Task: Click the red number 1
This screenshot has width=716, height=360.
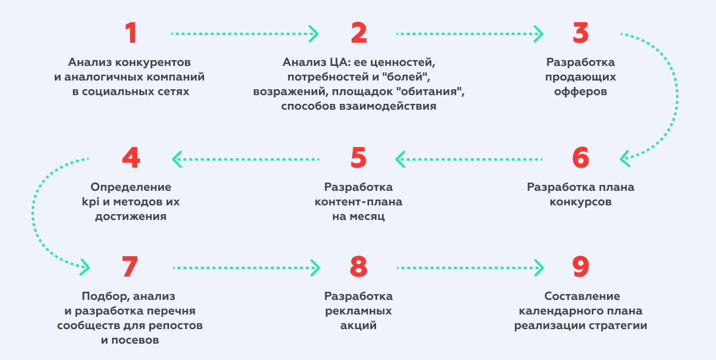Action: [131, 33]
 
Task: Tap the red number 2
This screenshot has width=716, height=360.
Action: [359, 33]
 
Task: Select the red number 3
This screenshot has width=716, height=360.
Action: [581, 33]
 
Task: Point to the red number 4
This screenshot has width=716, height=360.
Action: [131, 158]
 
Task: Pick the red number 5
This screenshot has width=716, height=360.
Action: [359, 158]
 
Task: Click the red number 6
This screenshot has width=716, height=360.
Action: [581, 158]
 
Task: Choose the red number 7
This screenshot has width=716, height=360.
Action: [130, 267]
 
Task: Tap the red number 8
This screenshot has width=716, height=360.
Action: [359, 267]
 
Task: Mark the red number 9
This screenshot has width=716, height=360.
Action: [581, 267]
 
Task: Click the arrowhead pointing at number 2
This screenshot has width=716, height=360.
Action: [314, 34]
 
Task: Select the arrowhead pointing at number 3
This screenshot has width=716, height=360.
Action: [539, 34]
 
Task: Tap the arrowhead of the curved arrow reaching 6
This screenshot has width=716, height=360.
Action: [625, 159]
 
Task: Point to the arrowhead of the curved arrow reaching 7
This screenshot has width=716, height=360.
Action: [85, 267]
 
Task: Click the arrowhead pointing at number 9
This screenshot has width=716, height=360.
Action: [539, 268]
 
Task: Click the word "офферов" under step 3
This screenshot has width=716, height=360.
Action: [581, 92]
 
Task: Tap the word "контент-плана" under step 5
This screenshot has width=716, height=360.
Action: [359, 202]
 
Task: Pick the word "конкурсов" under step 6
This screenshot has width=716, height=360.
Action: [581, 202]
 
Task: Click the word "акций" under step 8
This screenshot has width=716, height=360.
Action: [359, 326]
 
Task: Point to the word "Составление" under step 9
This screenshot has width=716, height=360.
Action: [582, 296]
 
